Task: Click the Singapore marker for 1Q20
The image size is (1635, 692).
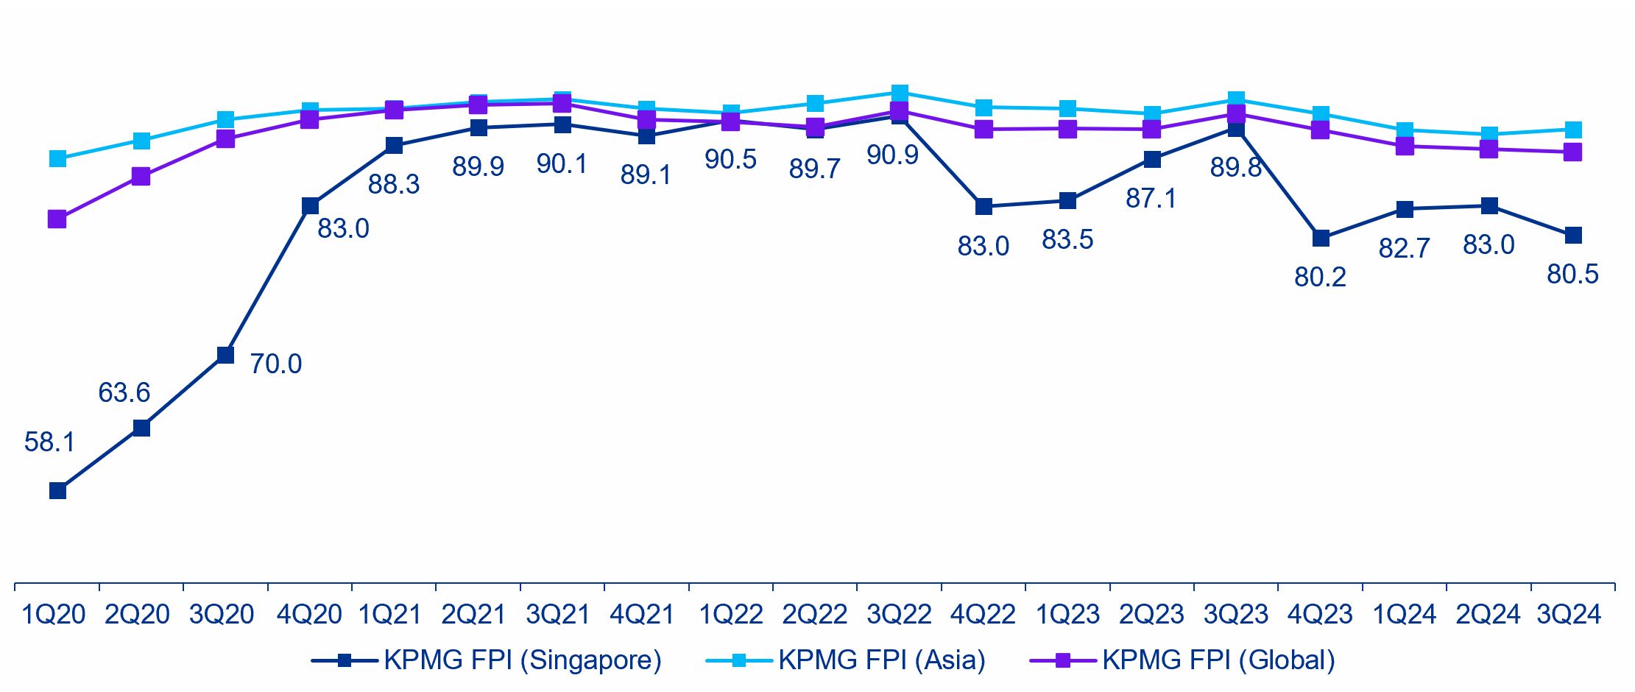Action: click(57, 490)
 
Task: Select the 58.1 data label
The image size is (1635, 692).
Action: click(49, 442)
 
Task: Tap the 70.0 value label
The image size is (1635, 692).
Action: click(275, 364)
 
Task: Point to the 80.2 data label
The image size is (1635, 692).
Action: click(1320, 278)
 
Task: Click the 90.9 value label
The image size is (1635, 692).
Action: click(892, 155)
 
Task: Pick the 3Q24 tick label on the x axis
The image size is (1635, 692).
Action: click(1569, 615)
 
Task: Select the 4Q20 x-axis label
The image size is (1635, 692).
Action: click(309, 615)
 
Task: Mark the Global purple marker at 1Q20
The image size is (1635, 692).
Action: click(57, 219)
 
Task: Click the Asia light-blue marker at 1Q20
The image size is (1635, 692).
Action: click(57, 158)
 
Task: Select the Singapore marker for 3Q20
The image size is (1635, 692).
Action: click(225, 355)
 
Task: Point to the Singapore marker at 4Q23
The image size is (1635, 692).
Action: click(1321, 239)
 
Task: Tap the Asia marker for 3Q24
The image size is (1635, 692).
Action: click(1573, 130)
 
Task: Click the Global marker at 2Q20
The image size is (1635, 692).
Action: click(141, 176)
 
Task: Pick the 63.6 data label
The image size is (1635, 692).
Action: click(124, 393)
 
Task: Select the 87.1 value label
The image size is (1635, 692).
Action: click(1151, 199)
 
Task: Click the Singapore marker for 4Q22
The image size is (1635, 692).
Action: click(984, 207)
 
